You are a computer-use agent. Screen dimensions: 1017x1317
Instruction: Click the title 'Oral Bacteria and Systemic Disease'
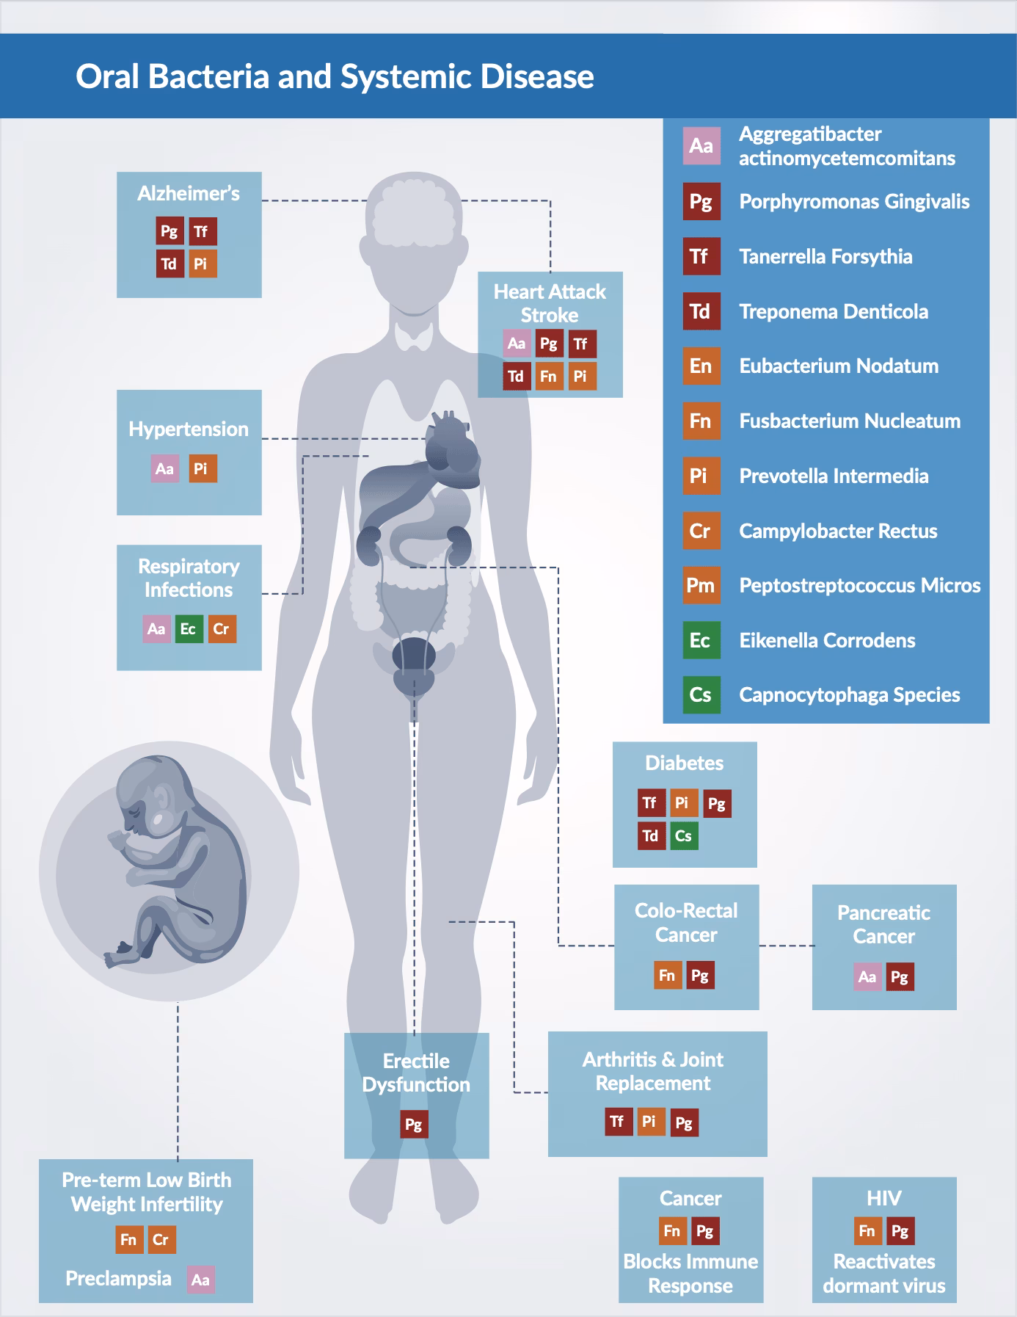pyautogui.click(x=335, y=76)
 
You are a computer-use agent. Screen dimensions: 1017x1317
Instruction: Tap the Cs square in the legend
pyautogui.click(x=701, y=694)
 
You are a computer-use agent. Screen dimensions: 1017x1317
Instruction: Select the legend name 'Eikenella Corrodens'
pyautogui.click(x=827, y=640)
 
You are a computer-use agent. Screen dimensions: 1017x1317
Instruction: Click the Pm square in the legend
pyautogui.click(x=701, y=585)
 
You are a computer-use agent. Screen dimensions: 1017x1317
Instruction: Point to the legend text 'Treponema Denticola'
pyautogui.click(x=834, y=311)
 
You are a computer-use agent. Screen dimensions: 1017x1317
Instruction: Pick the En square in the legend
pyautogui.click(x=701, y=366)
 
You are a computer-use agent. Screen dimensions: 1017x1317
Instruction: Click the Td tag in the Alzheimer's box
pyautogui.click(x=169, y=264)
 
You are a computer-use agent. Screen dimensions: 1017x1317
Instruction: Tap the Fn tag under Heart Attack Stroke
pyautogui.click(x=548, y=377)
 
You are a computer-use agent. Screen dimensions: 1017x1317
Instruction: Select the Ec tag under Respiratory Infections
pyautogui.click(x=189, y=629)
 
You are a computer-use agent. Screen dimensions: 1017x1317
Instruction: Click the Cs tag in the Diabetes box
pyautogui.click(x=683, y=835)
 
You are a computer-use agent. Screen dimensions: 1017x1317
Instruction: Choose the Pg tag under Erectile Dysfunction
pyautogui.click(x=414, y=1125)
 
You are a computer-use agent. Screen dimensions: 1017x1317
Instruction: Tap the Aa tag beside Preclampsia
pyautogui.click(x=200, y=1280)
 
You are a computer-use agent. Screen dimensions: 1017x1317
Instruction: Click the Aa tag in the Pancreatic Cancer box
pyautogui.click(x=867, y=976)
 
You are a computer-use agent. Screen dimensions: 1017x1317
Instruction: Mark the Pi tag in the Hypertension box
pyautogui.click(x=202, y=468)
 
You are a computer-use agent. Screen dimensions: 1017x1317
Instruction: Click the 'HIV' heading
pyautogui.click(x=883, y=1198)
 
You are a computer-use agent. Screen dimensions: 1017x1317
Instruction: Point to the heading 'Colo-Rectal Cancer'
pyautogui.click(x=686, y=923)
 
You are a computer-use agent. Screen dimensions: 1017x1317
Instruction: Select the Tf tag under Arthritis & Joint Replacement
pyautogui.click(x=618, y=1122)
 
